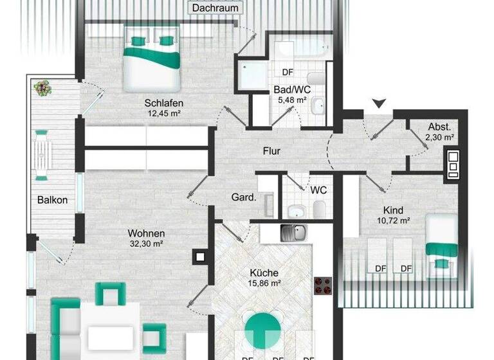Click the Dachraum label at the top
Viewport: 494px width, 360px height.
click(x=215, y=8)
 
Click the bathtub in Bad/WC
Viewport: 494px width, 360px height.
click(x=301, y=49)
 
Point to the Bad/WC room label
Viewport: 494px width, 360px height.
click(x=292, y=90)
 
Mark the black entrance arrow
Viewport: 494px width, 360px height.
click(x=380, y=103)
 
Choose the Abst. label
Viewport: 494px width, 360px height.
click(x=440, y=127)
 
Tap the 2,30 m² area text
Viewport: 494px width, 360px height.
click(x=440, y=137)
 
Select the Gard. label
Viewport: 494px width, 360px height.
click(x=244, y=197)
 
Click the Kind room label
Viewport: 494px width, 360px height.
click(x=393, y=210)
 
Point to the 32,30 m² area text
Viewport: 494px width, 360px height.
click(x=147, y=244)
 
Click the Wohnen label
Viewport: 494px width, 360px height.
click(x=147, y=233)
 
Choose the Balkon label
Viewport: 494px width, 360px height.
click(x=52, y=200)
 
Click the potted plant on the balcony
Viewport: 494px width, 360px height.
click(x=43, y=87)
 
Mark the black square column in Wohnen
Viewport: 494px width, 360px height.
click(x=200, y=257)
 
